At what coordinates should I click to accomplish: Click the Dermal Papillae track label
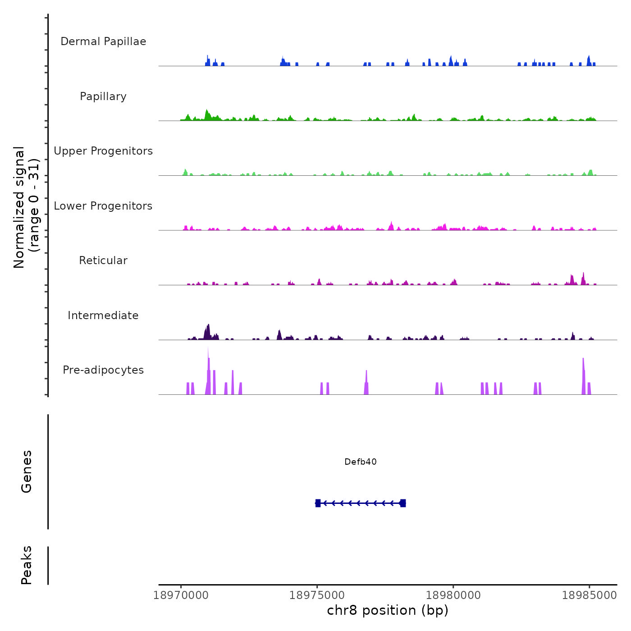(103, 41)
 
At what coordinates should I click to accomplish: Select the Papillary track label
(103, 96)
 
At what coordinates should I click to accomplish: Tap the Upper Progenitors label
(103, 151)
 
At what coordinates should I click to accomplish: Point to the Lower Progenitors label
(103, 206)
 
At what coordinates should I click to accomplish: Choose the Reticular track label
(103, 261)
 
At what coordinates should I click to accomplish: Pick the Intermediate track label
(103, 315)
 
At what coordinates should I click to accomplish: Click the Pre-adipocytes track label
(103, 370)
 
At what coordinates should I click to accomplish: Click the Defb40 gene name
(361, 462)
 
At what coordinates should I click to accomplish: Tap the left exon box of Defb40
(318, 503)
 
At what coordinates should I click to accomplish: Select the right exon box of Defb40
(403, 503)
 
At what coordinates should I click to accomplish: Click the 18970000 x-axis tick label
(181, 595)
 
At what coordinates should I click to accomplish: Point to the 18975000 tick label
(317, 595)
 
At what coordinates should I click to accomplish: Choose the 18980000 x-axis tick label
(453, 595)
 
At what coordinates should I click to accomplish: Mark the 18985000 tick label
(589, 595)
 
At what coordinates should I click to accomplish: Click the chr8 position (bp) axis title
(388, 610)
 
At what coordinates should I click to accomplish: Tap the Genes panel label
(27, 471)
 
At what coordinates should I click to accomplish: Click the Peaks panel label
(27, 565)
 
